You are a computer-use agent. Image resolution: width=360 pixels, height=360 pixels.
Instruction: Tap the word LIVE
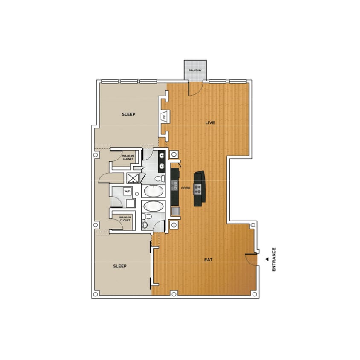(x=210, y=122)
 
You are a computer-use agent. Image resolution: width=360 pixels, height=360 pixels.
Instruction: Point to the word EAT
(x=209, y=258)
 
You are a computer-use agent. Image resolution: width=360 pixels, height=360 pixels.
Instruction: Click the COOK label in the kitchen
(x=185, y=188)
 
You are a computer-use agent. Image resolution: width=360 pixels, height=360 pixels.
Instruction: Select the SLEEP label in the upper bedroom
(x=128, y=114)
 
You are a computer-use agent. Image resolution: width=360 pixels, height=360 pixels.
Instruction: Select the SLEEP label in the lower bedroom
(x=120, y=266)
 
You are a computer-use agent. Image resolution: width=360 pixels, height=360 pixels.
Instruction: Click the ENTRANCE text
(x=274, y=259)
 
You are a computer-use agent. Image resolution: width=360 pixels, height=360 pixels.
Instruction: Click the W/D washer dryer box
(x=127, y=192)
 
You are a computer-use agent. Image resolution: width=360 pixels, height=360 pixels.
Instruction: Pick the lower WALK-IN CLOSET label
(x=125, y=219)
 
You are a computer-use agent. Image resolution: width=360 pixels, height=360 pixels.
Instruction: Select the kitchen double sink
(x=174, y=185)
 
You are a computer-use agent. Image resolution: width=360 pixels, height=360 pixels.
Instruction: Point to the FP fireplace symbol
(x=164, y=116)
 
